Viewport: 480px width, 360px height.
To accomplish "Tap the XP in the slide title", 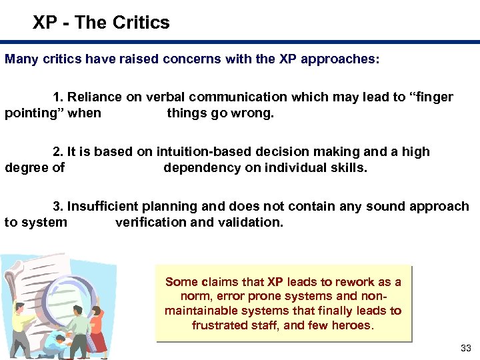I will (x=45, y=23).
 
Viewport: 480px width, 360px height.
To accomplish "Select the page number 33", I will (x=465, y=349).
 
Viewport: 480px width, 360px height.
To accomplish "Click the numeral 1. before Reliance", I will (x=58, y=97).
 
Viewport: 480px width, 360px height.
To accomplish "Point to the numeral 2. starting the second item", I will (x=58, y=152).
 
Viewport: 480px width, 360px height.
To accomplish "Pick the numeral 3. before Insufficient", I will (x=58, y=207).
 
